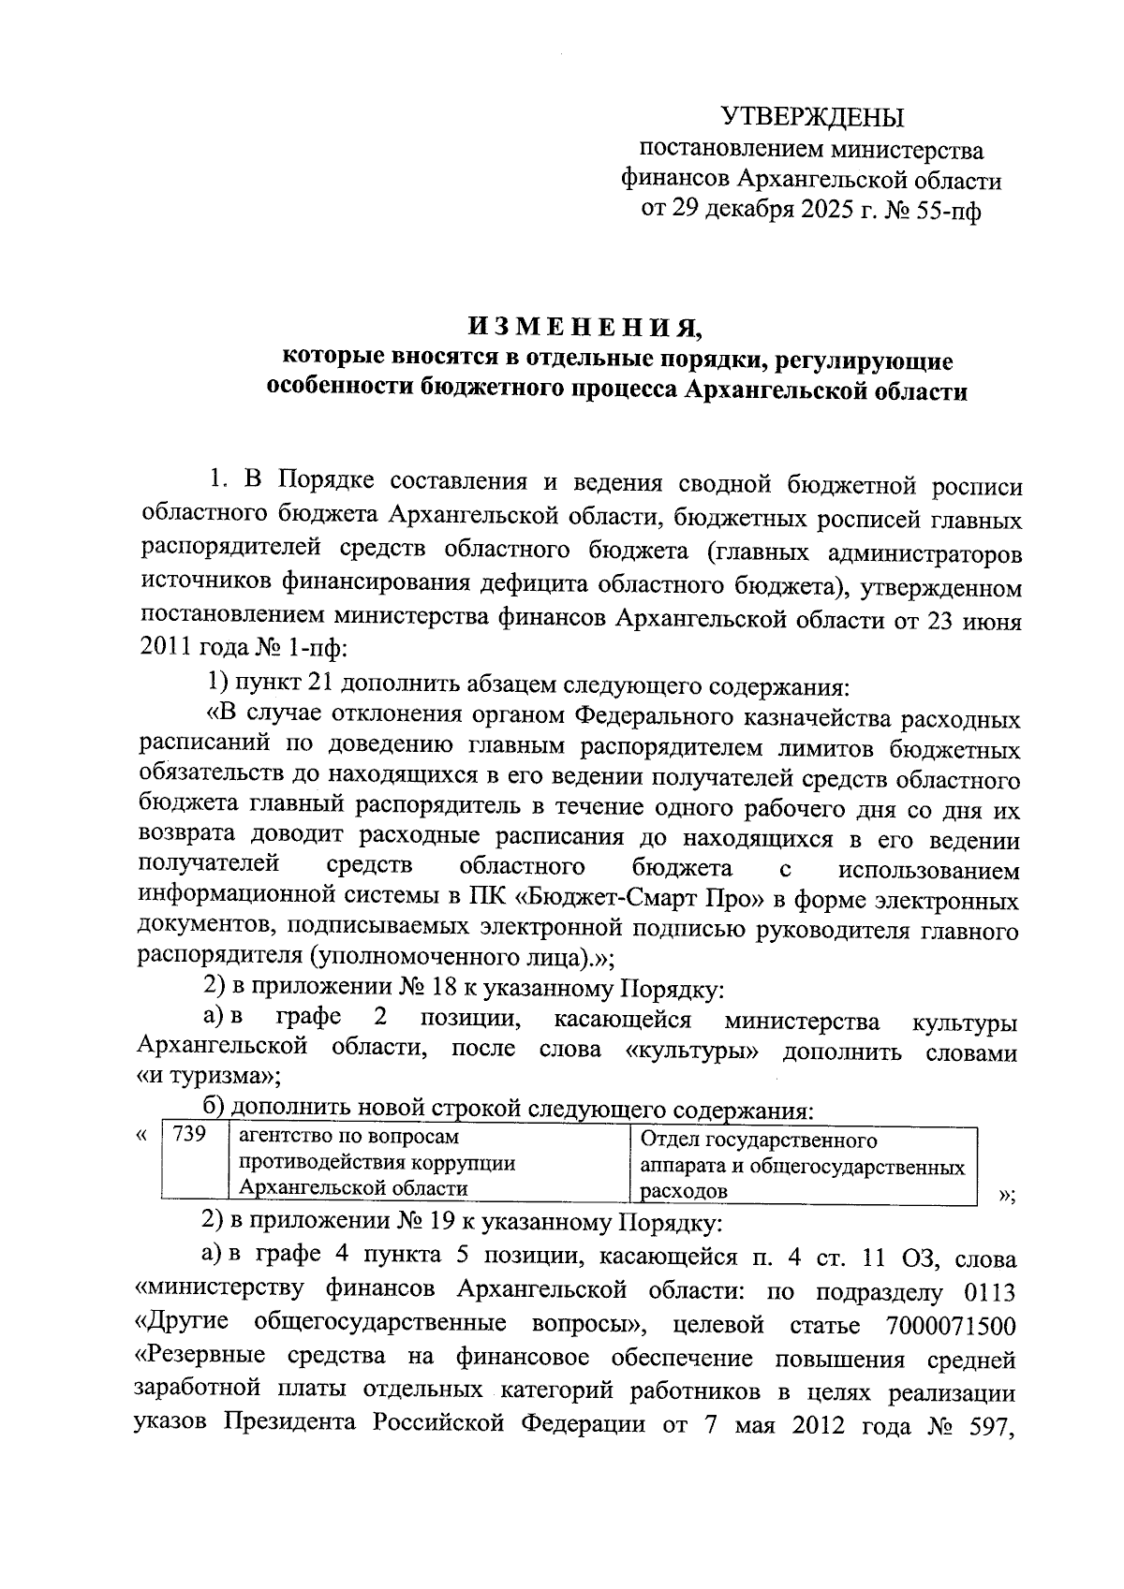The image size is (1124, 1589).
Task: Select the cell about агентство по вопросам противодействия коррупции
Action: [429, 1162]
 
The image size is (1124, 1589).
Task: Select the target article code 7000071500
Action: [949, 1325]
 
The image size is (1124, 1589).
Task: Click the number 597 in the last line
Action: [991, 1424]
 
